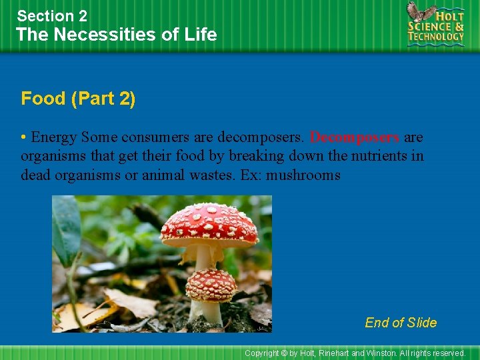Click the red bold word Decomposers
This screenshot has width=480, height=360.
tap(355, 138)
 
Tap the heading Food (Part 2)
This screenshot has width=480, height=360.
tap(78, 99)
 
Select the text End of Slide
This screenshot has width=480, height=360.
tap(401, 323)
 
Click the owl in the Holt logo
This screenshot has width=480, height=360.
tap(421, 13)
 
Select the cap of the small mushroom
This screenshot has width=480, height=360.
tap(211, 284)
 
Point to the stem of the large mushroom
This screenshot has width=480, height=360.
tap(203, 256)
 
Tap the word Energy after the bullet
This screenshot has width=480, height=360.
tap(54, 138)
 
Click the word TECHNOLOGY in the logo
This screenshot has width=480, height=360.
tap(437, 36)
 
